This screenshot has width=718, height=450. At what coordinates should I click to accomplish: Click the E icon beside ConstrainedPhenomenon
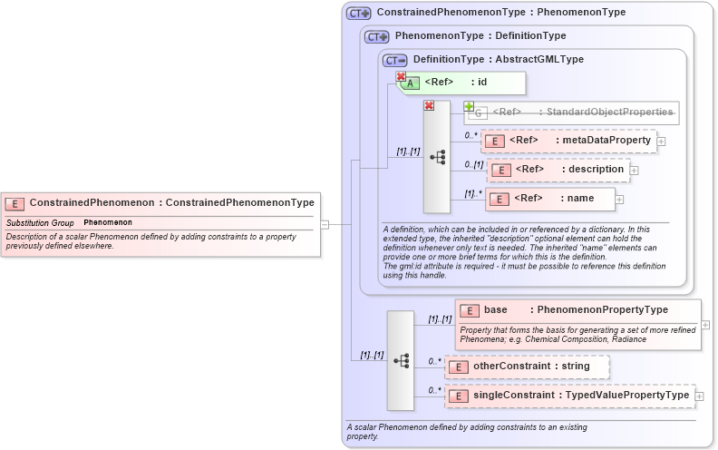[x=15, y=203]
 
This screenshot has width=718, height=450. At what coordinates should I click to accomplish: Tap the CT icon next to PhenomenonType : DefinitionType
[x=376, y=36]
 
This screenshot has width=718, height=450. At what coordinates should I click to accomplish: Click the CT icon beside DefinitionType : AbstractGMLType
[x=394, y=60]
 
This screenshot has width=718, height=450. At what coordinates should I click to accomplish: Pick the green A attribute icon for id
[x=411, y=83]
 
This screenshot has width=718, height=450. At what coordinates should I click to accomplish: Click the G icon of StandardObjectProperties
[x=479, y=112]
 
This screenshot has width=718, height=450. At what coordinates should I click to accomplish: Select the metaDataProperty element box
[x=569, y=141]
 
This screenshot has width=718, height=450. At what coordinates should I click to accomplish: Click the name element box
[x=554, y=199]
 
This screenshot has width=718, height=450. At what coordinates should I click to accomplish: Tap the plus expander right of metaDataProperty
[x=662, y=142]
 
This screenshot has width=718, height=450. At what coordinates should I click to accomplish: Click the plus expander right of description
[x=634, y=171]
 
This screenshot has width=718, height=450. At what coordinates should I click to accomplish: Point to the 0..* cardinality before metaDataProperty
[x=471, y=135]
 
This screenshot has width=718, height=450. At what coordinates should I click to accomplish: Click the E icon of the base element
[x=469, y=310]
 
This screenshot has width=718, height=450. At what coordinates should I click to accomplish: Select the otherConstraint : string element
[x=526, y=367]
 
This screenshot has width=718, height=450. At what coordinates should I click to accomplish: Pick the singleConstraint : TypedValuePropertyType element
[x=570, y=396]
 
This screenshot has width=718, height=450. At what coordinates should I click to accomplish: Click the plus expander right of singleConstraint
[x=700, y=396]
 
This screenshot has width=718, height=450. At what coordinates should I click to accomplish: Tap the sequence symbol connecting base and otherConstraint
[x=401, y=360]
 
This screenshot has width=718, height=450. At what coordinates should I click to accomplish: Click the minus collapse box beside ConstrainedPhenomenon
[x=325, y=224]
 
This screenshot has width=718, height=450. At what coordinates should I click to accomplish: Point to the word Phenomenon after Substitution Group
[x=108, y=222]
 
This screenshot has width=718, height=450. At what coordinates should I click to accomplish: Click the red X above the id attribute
[x=400, y=77]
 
